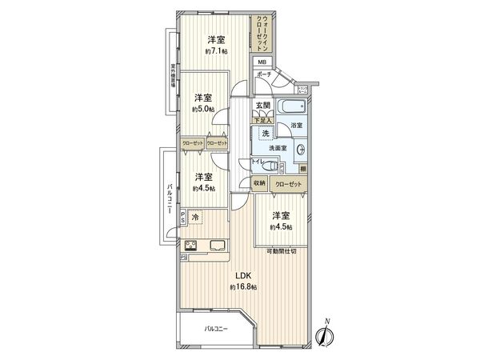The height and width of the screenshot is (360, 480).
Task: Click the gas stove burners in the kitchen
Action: (193, 246)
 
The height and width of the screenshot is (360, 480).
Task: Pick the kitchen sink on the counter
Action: (218, 245)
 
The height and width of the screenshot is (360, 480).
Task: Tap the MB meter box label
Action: (262, 62)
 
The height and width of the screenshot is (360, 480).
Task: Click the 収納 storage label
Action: (259, 183)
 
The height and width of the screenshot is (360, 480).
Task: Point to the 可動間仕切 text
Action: (281, 252)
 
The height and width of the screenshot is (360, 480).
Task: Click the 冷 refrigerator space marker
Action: (198, 217)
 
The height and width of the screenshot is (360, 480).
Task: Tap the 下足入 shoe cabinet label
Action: (264, 122)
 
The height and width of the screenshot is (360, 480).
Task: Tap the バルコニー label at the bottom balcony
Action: (215, 328)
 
